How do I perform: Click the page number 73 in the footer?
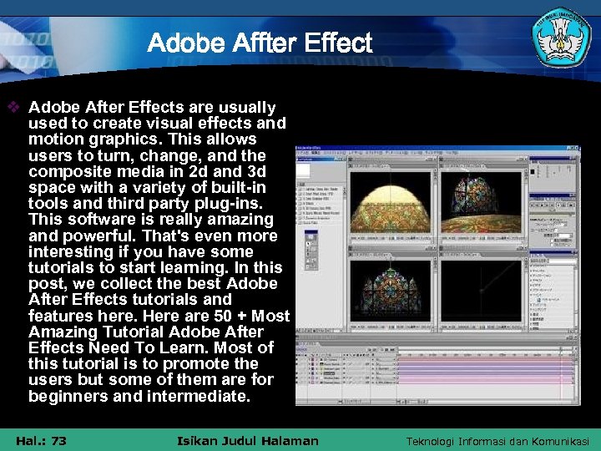[x=58, y=440]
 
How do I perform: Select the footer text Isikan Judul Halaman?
[x=248, y=440]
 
